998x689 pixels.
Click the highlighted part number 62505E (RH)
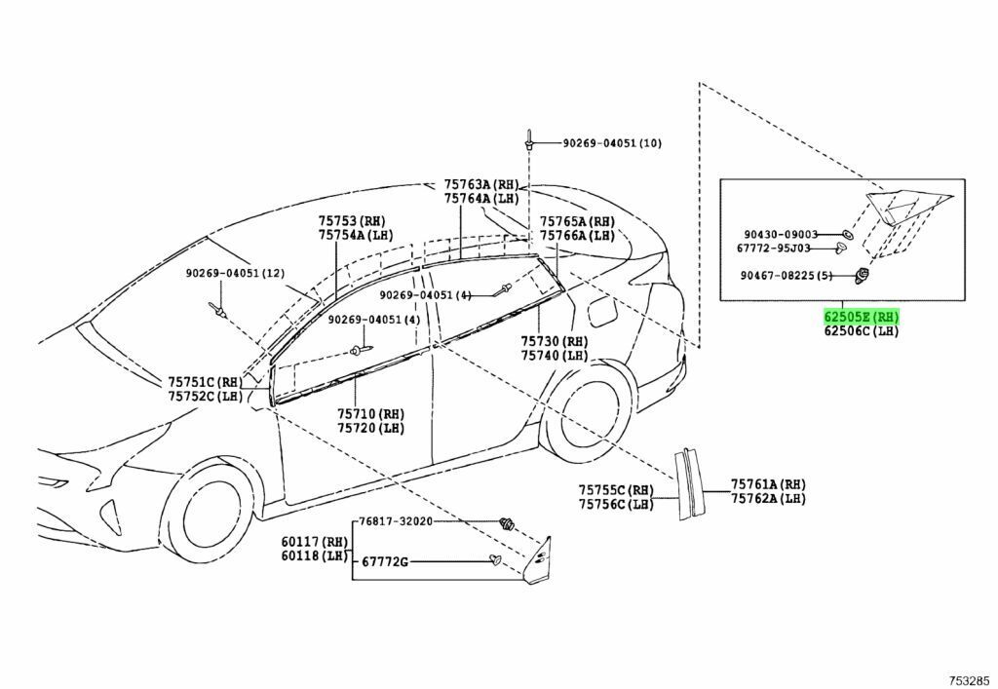click(x=862, y=316)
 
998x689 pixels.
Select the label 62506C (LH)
click(x=862, y=330)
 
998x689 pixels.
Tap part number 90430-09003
click(x=781, y=234)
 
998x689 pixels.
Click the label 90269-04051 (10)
click(x=612, y=143)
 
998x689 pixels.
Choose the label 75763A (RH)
click(x=481, y=184)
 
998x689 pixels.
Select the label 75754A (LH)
click(x=357, y=235)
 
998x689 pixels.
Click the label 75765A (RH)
click(x=577, y=221)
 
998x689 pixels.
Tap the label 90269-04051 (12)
click(x=236, y=273)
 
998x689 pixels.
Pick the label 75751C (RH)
click(x=206, y=382)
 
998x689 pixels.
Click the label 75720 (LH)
click(x=370, y=428)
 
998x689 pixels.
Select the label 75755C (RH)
click(x=616, y=490)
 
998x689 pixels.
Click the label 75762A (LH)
click(x=768, y=498)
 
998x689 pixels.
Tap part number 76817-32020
click(x=396, y=521)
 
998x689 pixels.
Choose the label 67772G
click(x=384, y=561)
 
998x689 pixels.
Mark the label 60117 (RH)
click(x=315, y=542)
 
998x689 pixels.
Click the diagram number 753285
click(x=970, y=679)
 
